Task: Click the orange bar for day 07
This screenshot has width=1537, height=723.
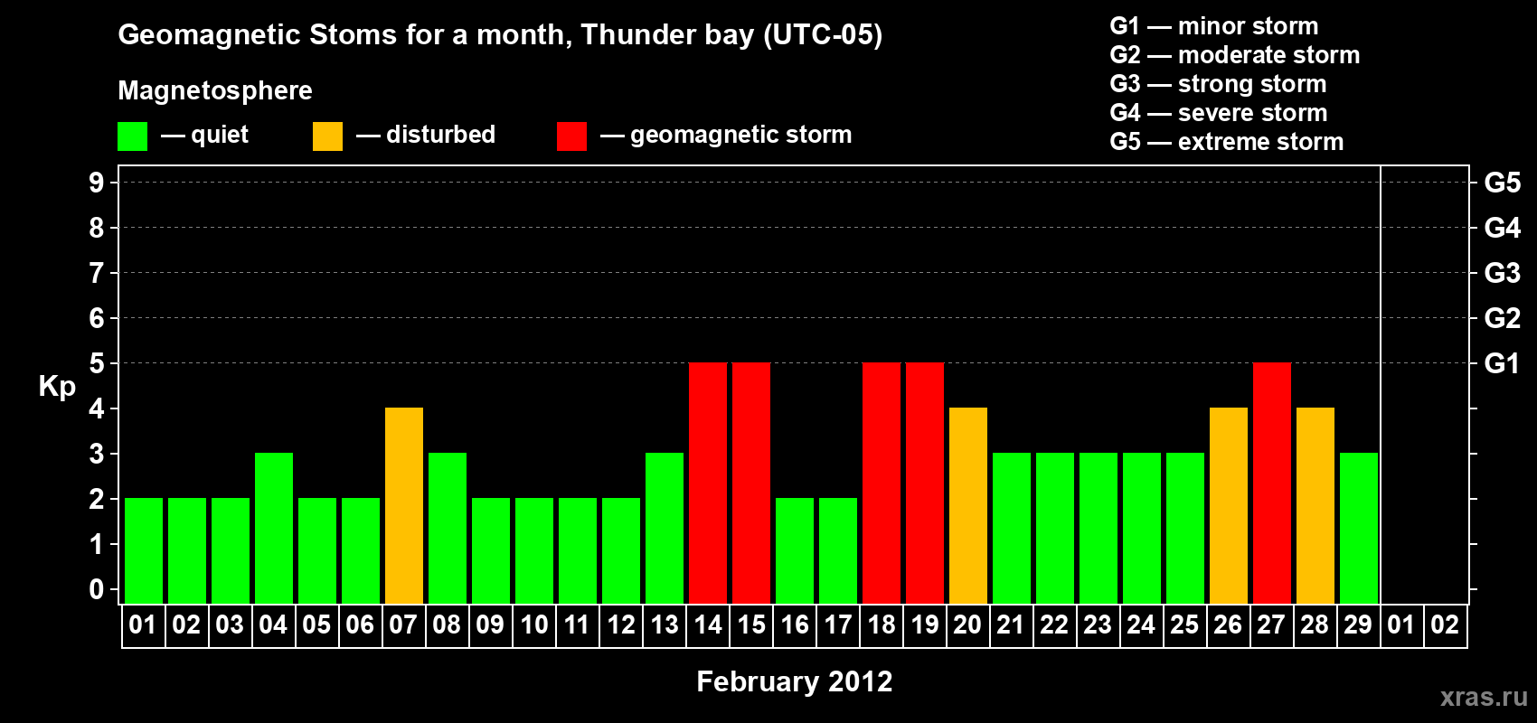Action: tap(404, 505)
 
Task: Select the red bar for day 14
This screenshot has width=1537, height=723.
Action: tap(708, 483)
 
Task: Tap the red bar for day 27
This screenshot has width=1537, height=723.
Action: tap(1272, 483)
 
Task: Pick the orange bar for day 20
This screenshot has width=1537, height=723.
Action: tap(968, 505)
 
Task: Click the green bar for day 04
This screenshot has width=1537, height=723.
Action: tap(274, 528)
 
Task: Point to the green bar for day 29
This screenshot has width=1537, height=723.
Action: tap(1359, 528)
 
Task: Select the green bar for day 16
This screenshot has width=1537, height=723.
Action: tap(795, 550)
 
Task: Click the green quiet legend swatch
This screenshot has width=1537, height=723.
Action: tap(132, 136)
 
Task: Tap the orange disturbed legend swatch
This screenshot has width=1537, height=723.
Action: tap(327, 136)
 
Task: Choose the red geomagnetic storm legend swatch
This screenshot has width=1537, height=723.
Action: tap(572, 136)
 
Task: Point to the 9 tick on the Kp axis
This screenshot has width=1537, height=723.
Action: tap(96, 183)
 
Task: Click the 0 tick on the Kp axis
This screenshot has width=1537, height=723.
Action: tap(96, 589)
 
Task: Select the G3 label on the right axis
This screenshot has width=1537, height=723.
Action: tap(1503, 273)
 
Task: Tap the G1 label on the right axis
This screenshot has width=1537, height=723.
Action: tap(1503, 363)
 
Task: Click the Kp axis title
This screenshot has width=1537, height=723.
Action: tap(57, 387)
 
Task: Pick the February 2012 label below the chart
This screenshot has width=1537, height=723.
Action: tap(795, 681)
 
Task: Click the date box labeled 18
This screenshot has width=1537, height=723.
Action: tap(882, 624)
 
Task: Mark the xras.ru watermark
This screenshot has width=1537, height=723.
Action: tap(1485, 697)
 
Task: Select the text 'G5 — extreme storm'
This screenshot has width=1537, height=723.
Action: tap(1227, 142)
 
